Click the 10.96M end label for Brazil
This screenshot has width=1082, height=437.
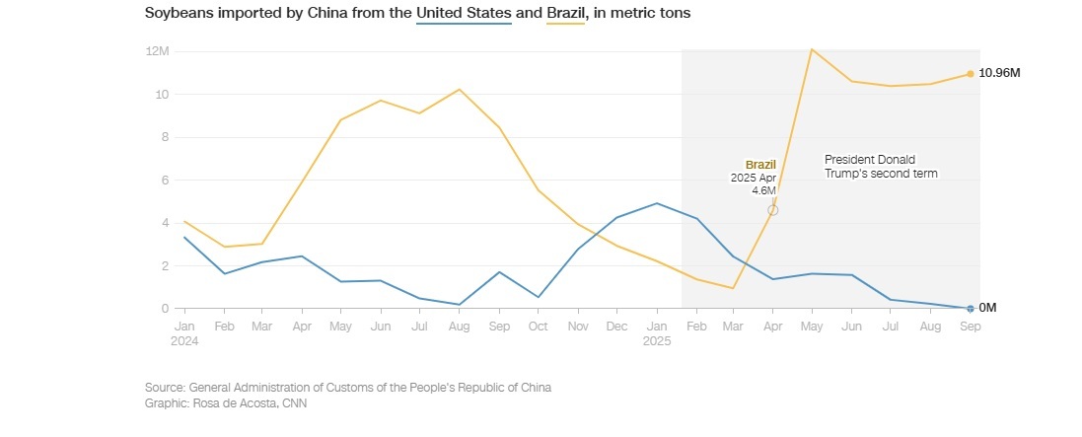coord(998,74)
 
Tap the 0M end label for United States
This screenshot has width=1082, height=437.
coord(987,308)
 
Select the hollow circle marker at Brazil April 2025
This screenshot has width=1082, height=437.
coord(773,210)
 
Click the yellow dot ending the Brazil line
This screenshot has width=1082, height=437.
coord(970,74)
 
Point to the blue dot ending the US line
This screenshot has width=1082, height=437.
coord(970,309)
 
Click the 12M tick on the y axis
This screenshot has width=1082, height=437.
coord(158,50)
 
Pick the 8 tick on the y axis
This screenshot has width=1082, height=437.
coord(164,137)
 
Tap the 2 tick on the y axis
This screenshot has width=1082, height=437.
coord(164,265)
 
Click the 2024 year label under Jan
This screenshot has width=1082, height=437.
coord(185,340)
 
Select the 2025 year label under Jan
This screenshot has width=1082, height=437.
coord(657,340)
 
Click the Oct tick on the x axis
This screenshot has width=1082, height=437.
coord(538,325)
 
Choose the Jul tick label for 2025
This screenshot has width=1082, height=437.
coord(891,325)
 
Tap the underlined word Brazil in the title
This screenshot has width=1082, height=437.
coord(565,15)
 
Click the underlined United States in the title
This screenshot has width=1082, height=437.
coord(464,15)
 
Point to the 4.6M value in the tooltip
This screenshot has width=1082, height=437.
coord(764,190)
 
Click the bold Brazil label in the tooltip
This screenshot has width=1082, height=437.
coord(760,164)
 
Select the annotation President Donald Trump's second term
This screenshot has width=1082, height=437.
coord(880,166)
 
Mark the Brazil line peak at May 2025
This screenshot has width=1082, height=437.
coord(812,48)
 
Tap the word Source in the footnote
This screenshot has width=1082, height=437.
coord(164,388)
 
